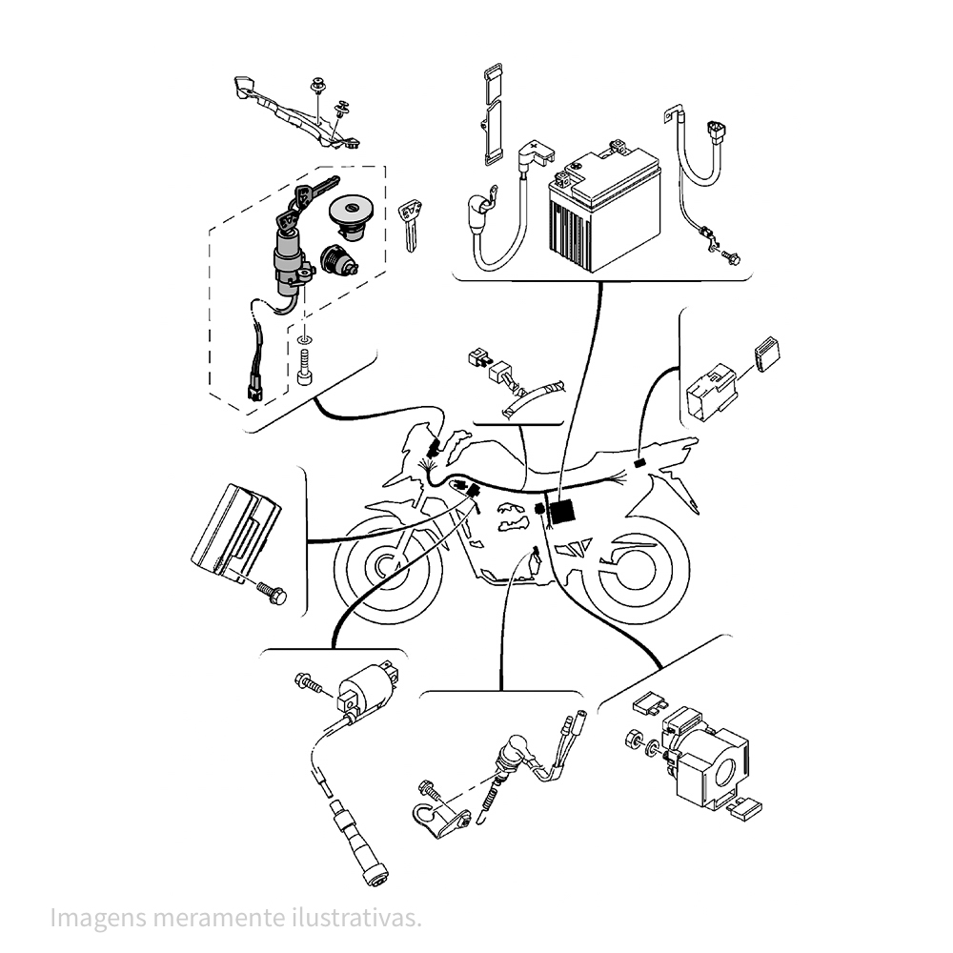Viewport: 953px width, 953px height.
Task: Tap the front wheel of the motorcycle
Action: [388, 570]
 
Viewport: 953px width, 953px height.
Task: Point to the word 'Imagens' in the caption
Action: [98, 919]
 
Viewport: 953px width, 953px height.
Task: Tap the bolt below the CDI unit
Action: [272, 592]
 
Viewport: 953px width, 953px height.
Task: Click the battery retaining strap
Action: [493, 114]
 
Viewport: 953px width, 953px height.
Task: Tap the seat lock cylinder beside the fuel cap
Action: [338, 260]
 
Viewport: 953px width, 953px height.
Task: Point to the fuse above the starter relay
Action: [650, 705]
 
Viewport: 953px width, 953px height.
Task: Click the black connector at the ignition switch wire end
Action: [255, 390]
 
